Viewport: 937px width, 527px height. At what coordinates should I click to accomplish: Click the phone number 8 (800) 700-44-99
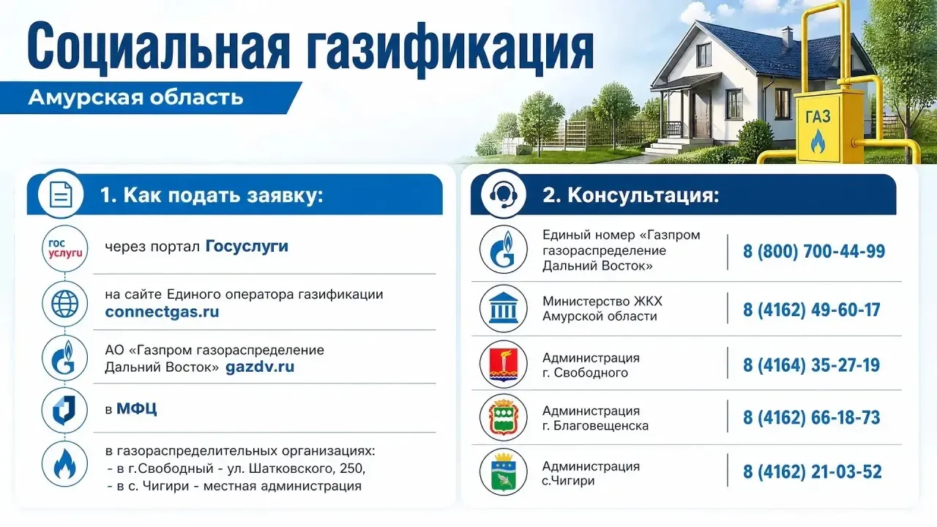(813, 251)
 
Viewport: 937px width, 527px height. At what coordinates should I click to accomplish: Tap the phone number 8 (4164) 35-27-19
(811, 365)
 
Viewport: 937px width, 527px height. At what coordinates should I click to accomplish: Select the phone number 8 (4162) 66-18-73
(811, 417)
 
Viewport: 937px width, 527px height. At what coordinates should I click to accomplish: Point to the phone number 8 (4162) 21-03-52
(812, 472)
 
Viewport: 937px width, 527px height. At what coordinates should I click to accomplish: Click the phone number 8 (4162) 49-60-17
(811, 310)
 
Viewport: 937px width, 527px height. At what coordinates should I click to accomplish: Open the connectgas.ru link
(162, 312)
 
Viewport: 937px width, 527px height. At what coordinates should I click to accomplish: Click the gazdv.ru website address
(260, 367)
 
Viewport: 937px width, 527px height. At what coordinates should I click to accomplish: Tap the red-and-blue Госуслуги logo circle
(65, 249)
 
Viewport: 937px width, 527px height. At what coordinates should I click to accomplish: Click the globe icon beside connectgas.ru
(65, 304)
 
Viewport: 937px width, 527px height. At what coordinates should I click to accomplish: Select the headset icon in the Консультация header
(503, 195)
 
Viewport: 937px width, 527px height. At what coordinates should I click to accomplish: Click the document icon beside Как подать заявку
(61, 195)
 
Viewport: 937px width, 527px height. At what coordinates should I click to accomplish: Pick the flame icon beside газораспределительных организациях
(65, 464)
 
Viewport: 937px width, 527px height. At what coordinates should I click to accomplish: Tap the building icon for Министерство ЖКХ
(503, 309)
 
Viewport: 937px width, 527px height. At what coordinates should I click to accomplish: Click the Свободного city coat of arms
(503, 364)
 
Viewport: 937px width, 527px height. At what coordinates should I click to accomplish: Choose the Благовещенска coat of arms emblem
(503, 417)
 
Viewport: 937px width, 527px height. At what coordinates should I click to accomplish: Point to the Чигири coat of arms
(503, 472)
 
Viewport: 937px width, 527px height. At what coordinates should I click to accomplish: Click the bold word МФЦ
(137, 408)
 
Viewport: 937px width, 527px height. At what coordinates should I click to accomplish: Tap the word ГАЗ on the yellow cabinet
(818, 116)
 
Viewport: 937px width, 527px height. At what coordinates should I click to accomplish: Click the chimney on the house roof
(787, 37)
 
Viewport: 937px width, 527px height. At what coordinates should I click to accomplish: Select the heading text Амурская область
(136, 97)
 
